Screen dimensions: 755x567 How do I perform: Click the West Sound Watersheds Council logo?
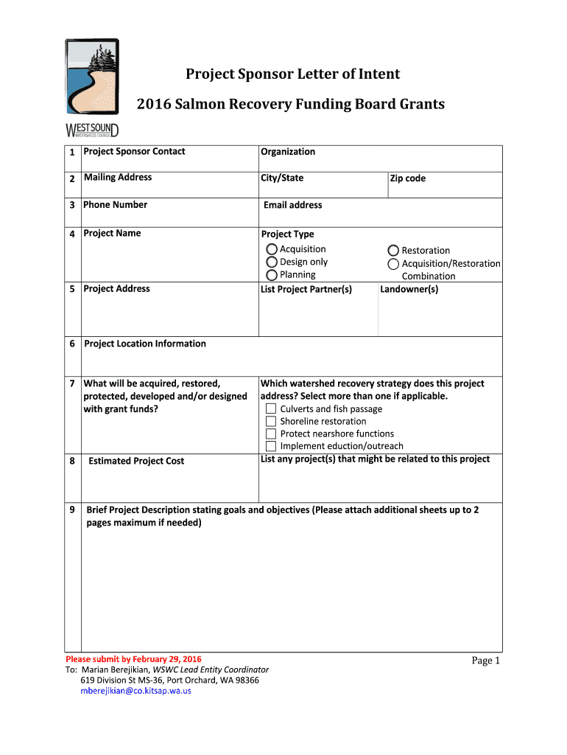click(x=91, y=87)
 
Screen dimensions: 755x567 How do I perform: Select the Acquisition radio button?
click(x=272, y=250)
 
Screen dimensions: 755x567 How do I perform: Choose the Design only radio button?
click(x=272, y=262)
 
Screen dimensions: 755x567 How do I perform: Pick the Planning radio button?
click(x=272, y=275)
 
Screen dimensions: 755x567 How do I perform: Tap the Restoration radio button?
click(x=393, y=251)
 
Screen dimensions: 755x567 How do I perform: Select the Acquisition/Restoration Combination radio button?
click(x=393, y=264)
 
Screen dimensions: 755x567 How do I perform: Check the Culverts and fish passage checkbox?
click(x=271, y=409)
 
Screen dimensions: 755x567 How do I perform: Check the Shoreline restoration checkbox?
click(x=271, y=422)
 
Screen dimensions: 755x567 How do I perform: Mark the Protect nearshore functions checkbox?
click(x=271, y=434)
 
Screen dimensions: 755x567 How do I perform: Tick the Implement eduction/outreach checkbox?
click(x=271, y=446)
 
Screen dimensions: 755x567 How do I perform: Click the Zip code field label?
click(x=408, y=178)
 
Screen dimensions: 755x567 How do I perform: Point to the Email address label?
click(x=292, y=205)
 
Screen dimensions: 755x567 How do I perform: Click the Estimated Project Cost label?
click(x=136, y=461)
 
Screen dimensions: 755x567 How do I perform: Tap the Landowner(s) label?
click(x=409, y=289)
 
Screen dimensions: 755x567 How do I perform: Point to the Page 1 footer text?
click(x=485, y=661)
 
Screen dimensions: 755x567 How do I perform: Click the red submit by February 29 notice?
click(x=133, y=658)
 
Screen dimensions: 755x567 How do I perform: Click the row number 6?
click(x=72, y=344)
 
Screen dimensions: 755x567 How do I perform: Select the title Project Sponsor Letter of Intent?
click(x=292, y=74)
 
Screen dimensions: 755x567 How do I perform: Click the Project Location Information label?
click(x=145, y=344)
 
